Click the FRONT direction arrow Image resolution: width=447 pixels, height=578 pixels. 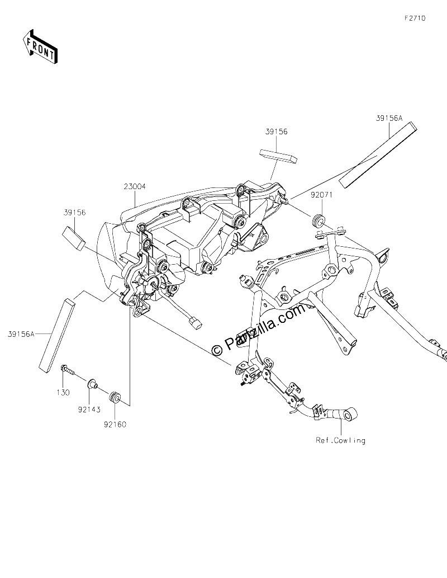point(40,47)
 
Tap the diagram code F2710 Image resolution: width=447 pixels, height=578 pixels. point(415,18)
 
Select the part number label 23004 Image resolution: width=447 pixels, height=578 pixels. point(135,186)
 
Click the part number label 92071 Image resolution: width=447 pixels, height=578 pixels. point(321,195)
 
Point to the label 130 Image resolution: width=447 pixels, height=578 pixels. point(63,393)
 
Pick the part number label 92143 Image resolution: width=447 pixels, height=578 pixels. point(89,409)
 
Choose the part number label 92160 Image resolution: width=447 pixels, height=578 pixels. point(115,424)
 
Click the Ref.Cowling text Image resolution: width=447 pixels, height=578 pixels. point(341,440)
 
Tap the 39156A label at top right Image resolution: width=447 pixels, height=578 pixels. point(389,118)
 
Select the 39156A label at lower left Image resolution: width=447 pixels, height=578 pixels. point(21,334)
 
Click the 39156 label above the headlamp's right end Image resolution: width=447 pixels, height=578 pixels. point(276,131)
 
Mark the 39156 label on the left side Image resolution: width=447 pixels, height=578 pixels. point(75,212)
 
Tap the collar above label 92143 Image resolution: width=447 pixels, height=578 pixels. point(92,384)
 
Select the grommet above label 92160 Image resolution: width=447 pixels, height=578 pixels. point(115,398)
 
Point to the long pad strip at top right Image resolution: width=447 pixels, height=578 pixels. point(377,155)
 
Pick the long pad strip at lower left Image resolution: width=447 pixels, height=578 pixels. point(57,336)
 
